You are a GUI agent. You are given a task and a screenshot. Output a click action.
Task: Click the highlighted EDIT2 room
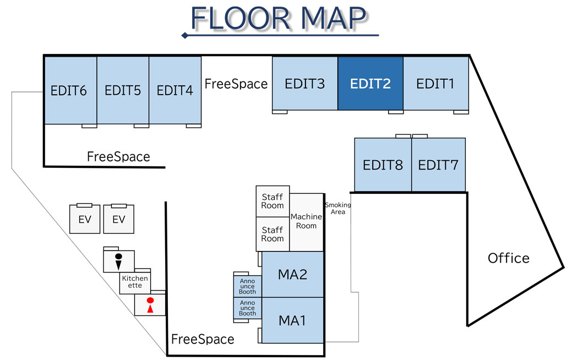click(370, 84)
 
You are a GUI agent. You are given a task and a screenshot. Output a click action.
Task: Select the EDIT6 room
click(69, 90)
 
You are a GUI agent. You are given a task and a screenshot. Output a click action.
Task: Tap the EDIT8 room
click(383, 165)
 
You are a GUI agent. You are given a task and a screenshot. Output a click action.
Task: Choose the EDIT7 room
click(438, 165)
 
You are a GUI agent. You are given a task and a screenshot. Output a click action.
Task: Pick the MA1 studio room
click(292, 320)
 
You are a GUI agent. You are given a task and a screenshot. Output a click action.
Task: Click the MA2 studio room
click(292, 274)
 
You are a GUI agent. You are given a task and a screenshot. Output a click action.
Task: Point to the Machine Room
click(306, 221)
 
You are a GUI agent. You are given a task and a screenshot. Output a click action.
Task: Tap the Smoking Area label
click(338, 208)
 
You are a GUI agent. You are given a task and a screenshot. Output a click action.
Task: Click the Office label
click(509, 258)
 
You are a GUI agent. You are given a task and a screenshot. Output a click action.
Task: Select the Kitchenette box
click(135, 282)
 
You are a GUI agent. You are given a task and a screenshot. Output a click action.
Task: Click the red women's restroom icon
click(149, 305)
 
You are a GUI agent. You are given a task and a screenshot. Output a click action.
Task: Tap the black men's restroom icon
click(118, 261)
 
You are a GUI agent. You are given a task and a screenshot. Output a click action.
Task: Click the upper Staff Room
click(272, 201)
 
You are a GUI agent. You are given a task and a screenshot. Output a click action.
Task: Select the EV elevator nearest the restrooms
click(119, 220)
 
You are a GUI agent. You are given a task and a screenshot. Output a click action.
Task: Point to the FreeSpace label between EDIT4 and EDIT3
click(236, 84)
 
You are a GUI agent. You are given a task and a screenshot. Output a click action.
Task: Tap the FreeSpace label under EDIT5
click(118, 157)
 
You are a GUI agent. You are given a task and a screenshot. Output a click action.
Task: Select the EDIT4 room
click(175, 90)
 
